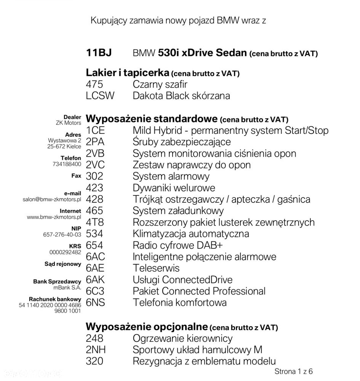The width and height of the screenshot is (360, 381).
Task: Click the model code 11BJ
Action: pyautogui.click(x=99, y=53)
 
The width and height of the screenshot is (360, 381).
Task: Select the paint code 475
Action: pyautogui.click(x=94, y=84)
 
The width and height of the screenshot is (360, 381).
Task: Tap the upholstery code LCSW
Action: pyautogui.click(x=100, y=96)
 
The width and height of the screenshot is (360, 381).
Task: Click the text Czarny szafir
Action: pyautogui.click(x=160, y=84)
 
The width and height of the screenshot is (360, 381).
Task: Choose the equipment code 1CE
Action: pyautogui.click(x=95, y=130)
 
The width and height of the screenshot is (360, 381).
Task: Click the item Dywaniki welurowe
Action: pyautogui.click(x=174, y=188)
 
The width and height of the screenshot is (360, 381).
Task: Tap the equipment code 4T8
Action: pyautogui.click(x=95, y=222)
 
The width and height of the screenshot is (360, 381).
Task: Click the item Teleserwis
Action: pyautogui.click(x=156, y=268)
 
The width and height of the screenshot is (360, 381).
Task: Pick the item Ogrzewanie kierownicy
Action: pyautogui.click(x=182, y=338)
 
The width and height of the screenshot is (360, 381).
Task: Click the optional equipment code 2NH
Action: pyautogui.click(x=96, y=350)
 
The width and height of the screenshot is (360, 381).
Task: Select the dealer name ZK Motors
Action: pyautogui.click(x=68, y=123)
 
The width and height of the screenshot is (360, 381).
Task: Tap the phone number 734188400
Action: pyautogui.click(x=67, y=164)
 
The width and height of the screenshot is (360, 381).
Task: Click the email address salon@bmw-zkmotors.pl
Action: pyautogui.click(x=52, y=199)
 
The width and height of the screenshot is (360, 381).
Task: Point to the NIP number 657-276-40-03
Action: pyautogui.click(x=62, y=235)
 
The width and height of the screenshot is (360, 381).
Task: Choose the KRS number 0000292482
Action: pyautogui.click(x=65, y=252)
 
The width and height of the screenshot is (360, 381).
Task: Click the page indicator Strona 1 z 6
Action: pyautogui.click(x=293, y=371)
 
